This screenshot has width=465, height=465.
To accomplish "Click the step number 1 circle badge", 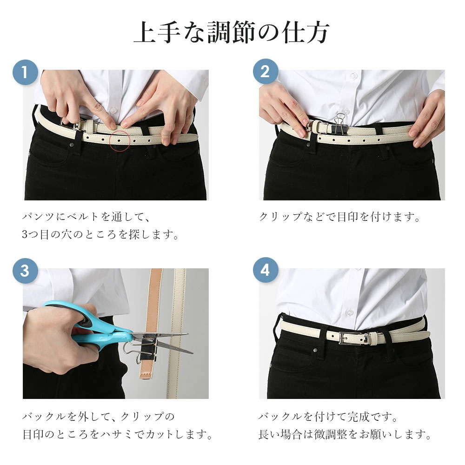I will pyautogui.click(x=25, y=73).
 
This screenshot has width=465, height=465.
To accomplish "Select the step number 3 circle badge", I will pyautogui.click(x=25, y=271).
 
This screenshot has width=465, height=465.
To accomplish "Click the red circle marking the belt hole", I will pyautogui.click(x=120, y=140).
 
